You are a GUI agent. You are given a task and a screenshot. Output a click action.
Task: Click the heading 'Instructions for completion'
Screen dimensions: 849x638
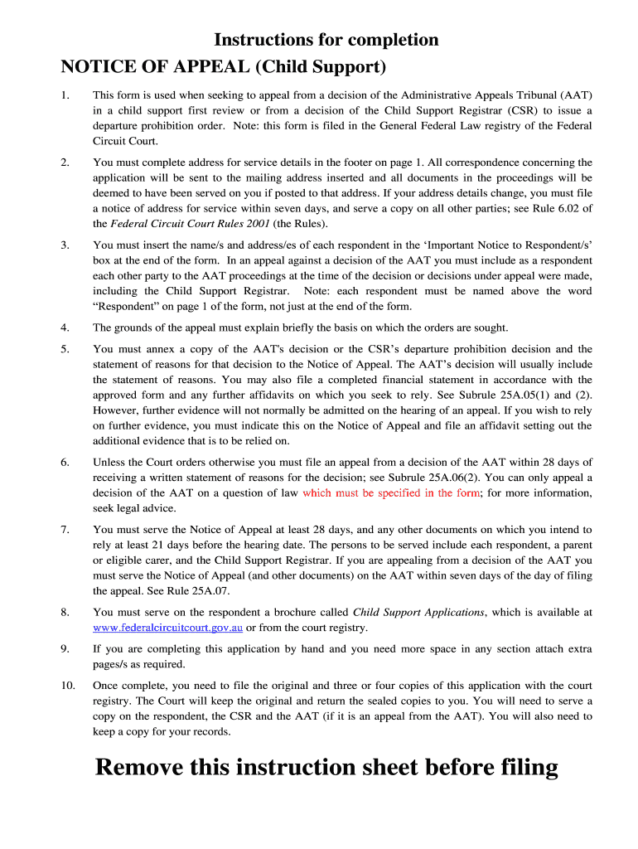326,40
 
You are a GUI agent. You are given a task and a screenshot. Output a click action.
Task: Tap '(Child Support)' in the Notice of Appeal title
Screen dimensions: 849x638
319,66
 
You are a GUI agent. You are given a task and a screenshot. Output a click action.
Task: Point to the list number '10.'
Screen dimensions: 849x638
68,686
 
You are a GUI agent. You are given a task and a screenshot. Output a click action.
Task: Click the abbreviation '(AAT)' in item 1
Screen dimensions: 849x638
573,95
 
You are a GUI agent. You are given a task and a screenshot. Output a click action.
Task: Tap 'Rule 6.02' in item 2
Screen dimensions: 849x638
551,208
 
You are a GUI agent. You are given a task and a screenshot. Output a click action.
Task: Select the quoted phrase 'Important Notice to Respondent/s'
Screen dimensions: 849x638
504,246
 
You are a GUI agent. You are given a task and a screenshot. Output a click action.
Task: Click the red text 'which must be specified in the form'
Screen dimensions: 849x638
390,493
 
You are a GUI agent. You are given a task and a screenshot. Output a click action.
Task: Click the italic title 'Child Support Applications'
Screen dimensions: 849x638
418,612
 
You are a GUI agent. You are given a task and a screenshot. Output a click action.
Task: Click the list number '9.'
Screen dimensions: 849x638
65,649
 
